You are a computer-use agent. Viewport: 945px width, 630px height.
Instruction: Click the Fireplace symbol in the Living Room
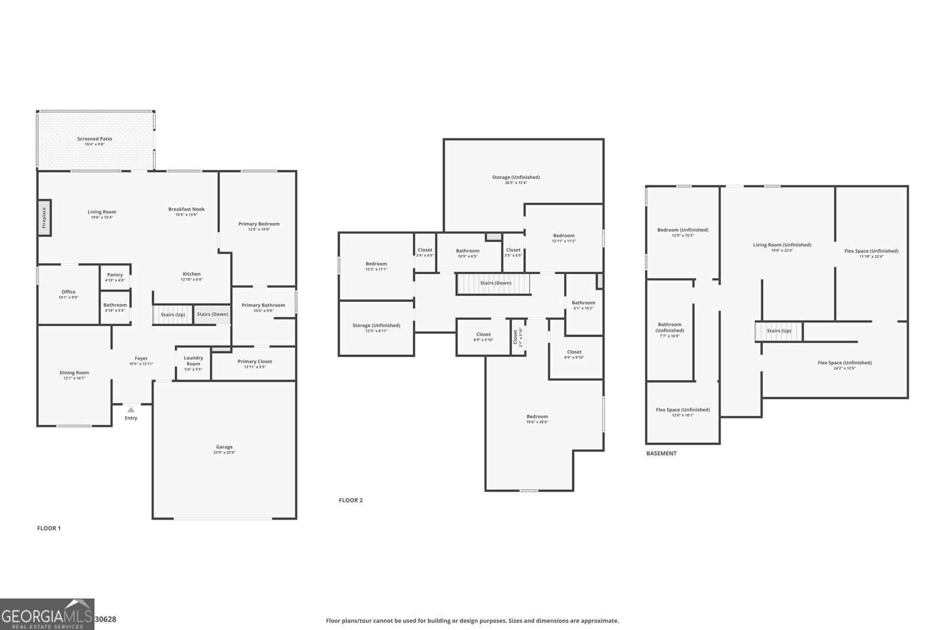[44, 218]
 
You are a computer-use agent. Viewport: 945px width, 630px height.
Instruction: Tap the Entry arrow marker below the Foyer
[131, 410]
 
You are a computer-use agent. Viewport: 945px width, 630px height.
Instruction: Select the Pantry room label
[115, 275]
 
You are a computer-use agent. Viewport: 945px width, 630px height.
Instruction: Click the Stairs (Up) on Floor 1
[172, 315]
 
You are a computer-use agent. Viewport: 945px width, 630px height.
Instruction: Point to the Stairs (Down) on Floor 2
[495, 283]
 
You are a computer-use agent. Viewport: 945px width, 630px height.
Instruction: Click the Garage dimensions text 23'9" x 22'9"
[224, 453]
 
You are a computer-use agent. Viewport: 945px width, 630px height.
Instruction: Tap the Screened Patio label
[94, 139]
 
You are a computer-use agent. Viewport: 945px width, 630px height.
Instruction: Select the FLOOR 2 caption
[351, 500]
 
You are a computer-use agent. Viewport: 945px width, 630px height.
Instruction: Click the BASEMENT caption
[661, 453]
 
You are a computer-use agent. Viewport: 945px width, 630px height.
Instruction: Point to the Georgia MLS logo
[47, 614]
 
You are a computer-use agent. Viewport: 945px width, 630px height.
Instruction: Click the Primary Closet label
[255, 361]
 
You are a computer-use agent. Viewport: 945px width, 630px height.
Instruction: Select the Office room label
[69, 292]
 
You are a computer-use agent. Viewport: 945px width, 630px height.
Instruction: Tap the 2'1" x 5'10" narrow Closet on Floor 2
[517, 337]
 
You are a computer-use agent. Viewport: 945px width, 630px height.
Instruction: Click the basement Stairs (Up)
[779, 331]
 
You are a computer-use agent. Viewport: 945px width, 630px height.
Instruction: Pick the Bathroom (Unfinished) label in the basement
[670, 327]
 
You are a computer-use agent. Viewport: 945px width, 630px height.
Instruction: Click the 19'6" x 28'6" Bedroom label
[537, 417]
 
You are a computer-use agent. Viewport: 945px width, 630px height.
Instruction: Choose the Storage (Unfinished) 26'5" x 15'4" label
[516, 177]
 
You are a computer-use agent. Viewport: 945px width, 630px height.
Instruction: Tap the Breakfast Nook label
[187, 209]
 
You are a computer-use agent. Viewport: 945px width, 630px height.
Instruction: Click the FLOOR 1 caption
[49, 528]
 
